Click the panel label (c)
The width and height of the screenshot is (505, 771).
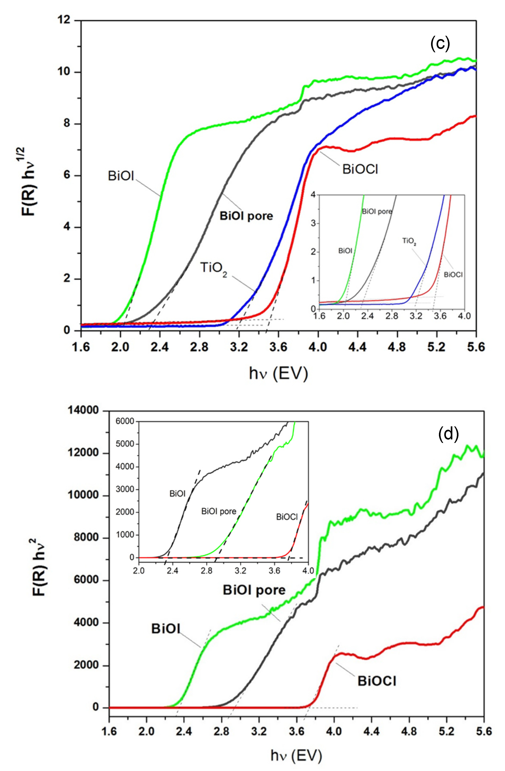coord(440,44)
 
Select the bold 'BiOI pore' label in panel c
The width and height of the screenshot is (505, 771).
coord(246,216)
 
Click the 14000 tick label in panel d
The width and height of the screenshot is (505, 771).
coord(83,410)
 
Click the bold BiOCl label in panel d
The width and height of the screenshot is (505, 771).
coord(376,681)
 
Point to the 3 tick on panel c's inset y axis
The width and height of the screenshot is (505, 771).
coord(313,223)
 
